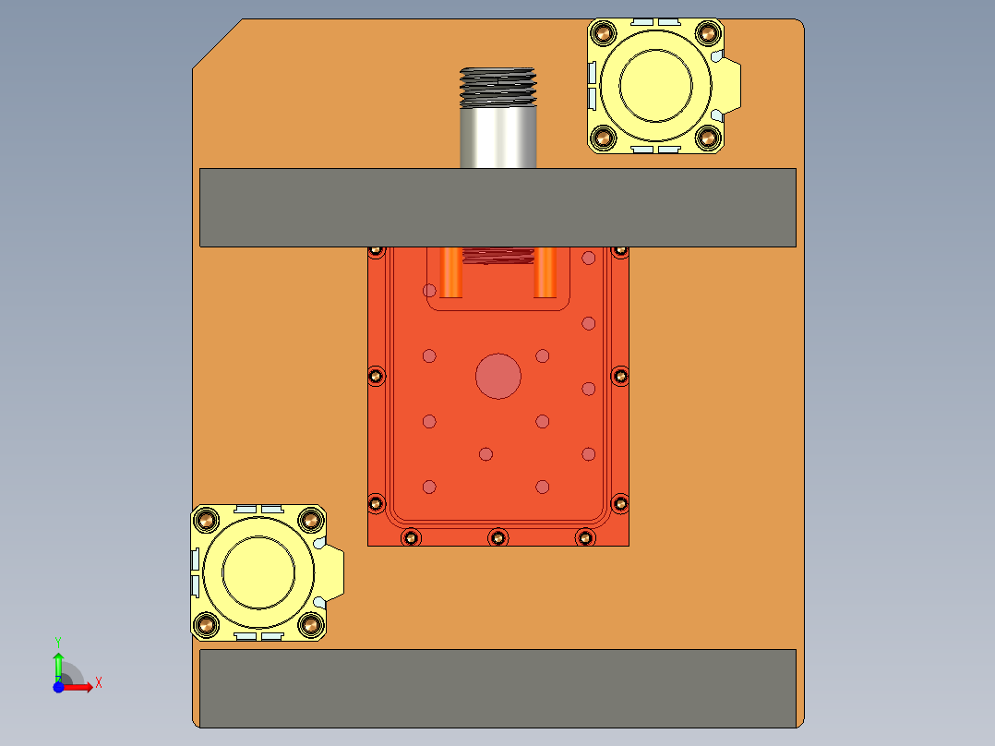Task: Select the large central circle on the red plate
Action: tap(498, 376)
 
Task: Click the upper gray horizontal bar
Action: tap(497, 208)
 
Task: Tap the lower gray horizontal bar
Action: tap(497, 688)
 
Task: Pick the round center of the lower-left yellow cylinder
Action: tap(258, 572)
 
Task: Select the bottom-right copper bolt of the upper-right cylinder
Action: tap(708, 138)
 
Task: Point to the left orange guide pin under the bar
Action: tap(451, 272)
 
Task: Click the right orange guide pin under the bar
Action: tap(545, 272)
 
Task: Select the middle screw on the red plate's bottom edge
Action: tap(498, 537)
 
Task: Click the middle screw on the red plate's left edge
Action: tap(375, 376)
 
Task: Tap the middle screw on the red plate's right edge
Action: tap(620, 376)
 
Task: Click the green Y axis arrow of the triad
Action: tap(58, 660)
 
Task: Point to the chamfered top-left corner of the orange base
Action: tap(218, 43)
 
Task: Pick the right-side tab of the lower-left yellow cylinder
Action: tap(334, 572)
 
